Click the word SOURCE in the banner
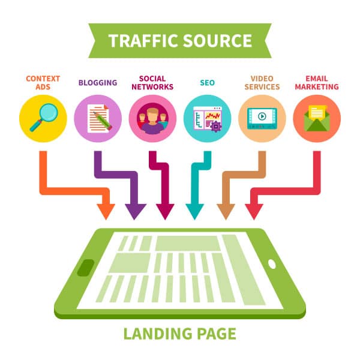pos(218,41)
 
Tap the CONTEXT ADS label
pos(43,83)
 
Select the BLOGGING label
pos(98,83)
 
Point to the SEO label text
pos(208,83)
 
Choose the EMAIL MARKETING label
pos(317,83)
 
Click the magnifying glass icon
pos(44,118)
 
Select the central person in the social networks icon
pos(152,121)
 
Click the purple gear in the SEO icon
pos(216,126)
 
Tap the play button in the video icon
pos(262,116)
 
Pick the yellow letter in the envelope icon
pos(317,113)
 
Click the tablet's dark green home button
pos(86,268)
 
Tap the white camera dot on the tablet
pos(272,264)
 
